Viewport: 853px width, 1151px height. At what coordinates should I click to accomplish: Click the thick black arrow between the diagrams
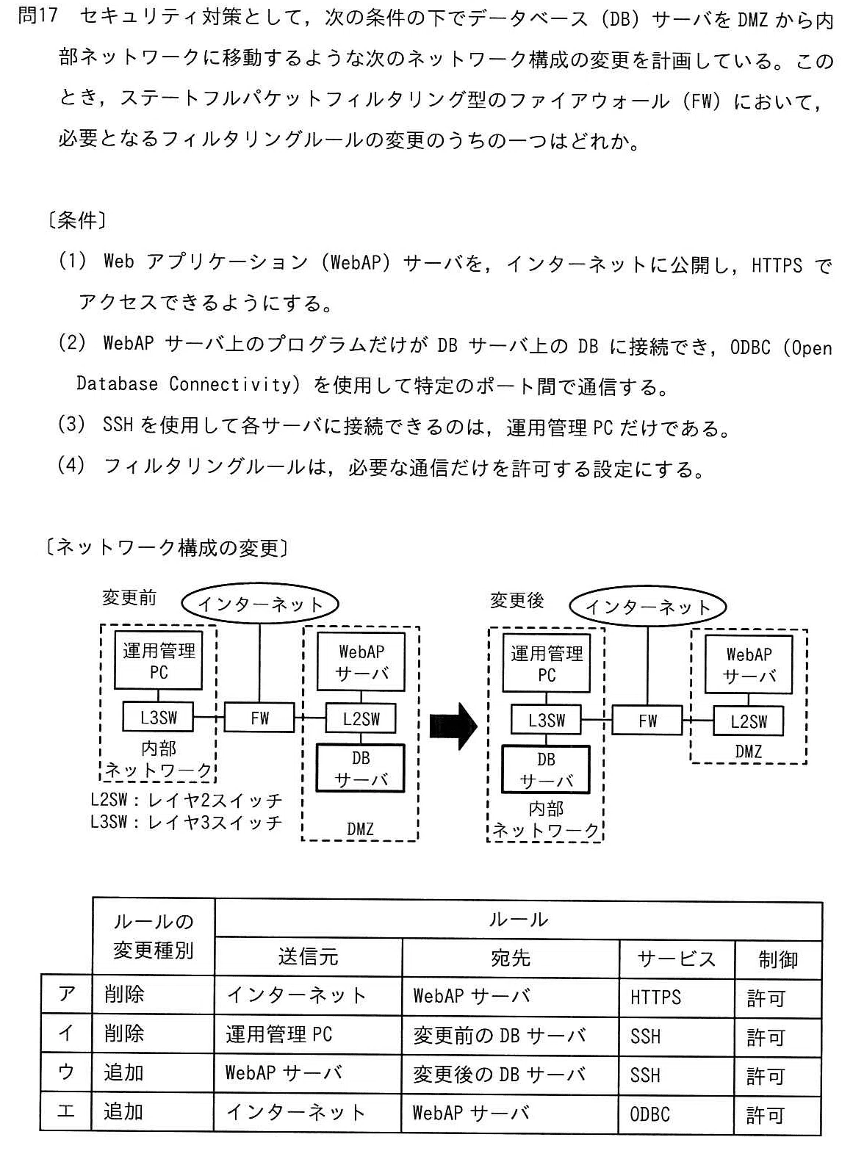coord(453,726)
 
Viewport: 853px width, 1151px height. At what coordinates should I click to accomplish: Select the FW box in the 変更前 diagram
coord(259,718)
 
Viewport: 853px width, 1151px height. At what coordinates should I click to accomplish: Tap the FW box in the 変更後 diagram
coord(647,721)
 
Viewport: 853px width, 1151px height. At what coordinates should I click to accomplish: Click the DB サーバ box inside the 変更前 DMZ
coord(360,768)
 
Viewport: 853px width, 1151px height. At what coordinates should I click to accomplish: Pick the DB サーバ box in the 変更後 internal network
coord(546,770)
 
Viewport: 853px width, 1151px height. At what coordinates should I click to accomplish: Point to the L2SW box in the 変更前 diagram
coord(361,718)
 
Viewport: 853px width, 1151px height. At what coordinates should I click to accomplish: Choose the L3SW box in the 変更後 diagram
coord(546,719)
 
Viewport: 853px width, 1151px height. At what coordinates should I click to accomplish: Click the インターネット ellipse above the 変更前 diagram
coord(260,605)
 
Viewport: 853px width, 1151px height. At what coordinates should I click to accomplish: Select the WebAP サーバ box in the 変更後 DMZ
coord(749,665)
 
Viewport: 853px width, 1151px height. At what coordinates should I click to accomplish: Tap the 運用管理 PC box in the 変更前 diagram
coord(159,660)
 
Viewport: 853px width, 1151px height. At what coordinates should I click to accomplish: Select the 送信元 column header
coord(309,956)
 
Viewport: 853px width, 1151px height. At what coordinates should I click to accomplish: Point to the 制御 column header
coord(778,959)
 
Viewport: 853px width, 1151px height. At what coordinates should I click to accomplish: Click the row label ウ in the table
coord(66,1072)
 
